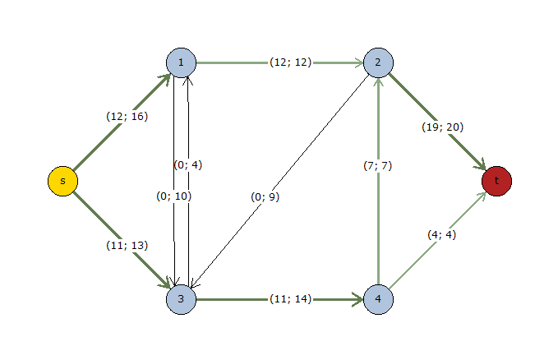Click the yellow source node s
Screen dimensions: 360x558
point(62,181)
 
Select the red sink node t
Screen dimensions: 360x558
point(497,181)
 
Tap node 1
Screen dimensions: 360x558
point(181,62)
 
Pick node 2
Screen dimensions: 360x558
point(378,62)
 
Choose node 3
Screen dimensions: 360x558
point(181,299)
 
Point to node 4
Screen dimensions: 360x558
point(378,299)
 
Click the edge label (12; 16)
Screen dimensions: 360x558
point(127,116)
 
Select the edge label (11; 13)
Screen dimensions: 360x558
point(127,245)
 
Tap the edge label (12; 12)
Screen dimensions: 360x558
point(290,62)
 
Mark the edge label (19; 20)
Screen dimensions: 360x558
point(443,127)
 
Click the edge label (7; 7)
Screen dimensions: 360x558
point(378,165)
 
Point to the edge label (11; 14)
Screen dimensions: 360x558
point(290,299)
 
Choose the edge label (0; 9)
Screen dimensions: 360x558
point(266,196)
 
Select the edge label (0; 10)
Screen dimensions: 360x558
point(174,196)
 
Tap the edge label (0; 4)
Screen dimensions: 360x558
point(188,164)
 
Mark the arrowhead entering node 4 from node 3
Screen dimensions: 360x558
point(358,299)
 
